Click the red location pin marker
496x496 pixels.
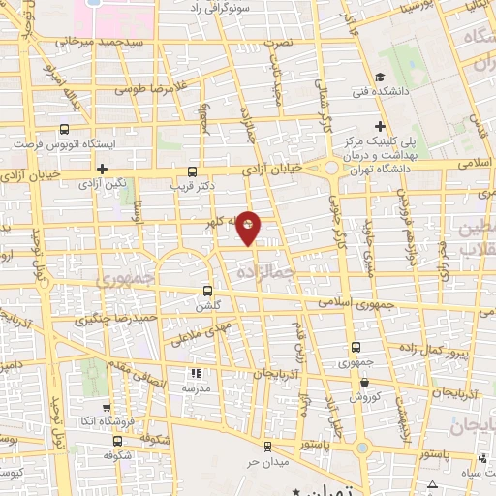point(249,229)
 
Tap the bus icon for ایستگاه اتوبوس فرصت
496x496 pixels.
point(65,129)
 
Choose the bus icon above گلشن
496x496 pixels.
point(208,290)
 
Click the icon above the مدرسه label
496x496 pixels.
point(195,373)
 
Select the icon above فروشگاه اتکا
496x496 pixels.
point(103,408)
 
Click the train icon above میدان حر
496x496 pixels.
point(268,447)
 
